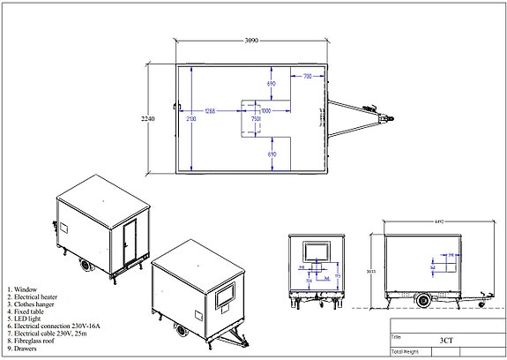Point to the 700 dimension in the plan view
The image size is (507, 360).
[x=307, y=78]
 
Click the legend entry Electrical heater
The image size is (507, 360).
[x=34, y=296]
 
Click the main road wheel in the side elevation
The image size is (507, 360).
[x=425, y=300]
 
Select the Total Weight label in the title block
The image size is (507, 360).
[x=405, y=351]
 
